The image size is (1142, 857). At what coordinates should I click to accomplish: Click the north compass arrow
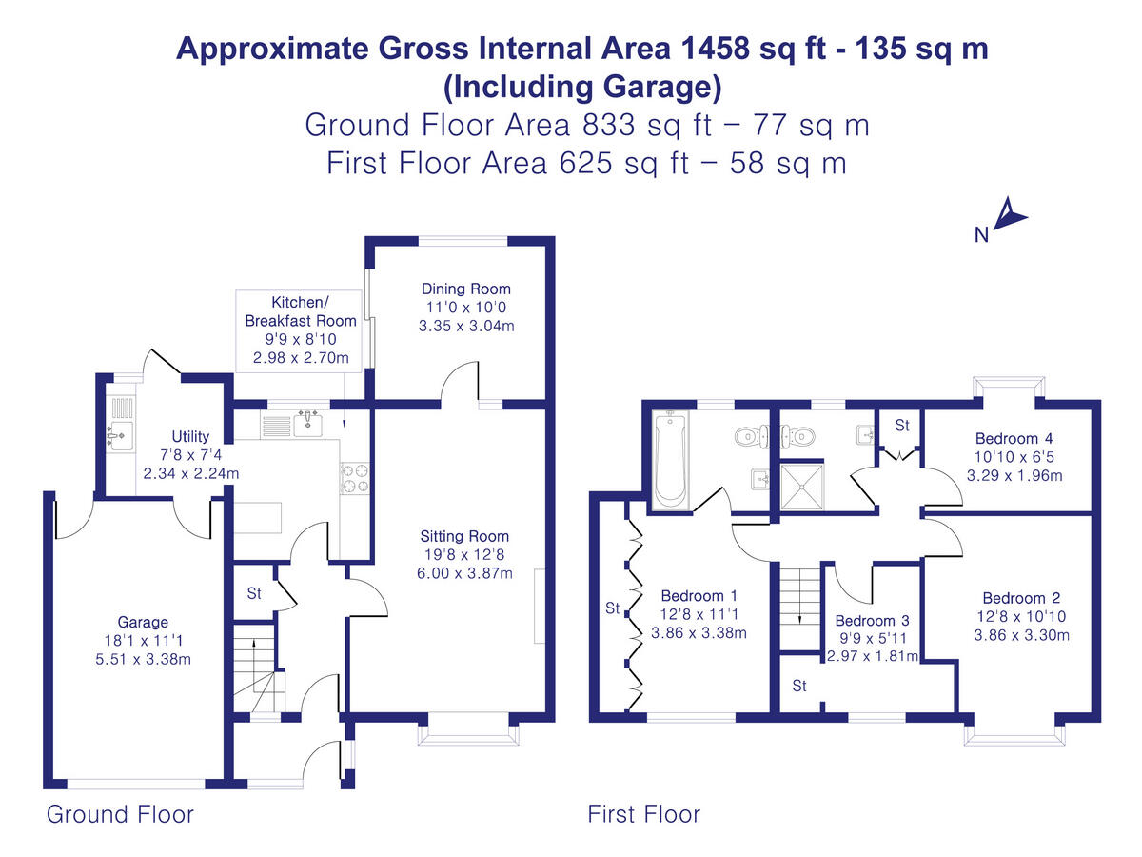pos(1011,214)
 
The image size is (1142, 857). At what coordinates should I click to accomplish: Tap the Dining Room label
pos(465,289)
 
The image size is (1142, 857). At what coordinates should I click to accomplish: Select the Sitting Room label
pos(465,537)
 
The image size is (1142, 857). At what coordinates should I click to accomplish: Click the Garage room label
pos(143,623)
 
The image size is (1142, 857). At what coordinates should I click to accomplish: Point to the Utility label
pos(190,437)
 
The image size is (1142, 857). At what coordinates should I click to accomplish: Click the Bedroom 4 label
pos(1014,439)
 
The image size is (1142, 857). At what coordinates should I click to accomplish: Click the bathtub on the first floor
pos(670,458)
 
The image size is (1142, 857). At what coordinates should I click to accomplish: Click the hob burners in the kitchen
pos(354,478)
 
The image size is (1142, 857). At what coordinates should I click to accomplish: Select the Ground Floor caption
pos(120,814)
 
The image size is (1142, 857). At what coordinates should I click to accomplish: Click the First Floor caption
pos(643,814)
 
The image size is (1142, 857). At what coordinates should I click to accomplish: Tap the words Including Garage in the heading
pos(582,87)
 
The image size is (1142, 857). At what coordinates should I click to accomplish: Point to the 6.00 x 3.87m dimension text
pos(465,573)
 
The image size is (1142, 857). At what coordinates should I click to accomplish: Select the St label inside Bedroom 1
pos(612,607)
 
